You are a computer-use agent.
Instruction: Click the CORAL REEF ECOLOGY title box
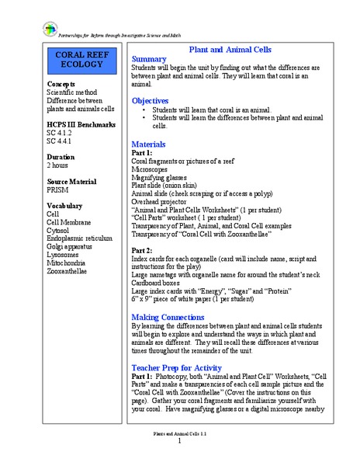tap(80, 60)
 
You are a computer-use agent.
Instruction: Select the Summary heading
tap(149, 59)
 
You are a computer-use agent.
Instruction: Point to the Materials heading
tap(150, 144)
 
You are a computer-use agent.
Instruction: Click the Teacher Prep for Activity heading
tap(177, 367)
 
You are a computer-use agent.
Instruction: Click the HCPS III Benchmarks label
tap(81, 124)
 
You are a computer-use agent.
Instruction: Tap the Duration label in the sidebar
tap(61, 155)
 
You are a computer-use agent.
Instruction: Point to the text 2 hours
tap(59, 165)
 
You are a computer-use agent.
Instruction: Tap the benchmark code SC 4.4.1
tap(59, 141)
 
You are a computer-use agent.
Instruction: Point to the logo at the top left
tap(29, 29)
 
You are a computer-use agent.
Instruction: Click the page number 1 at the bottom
tap(180, 440)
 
